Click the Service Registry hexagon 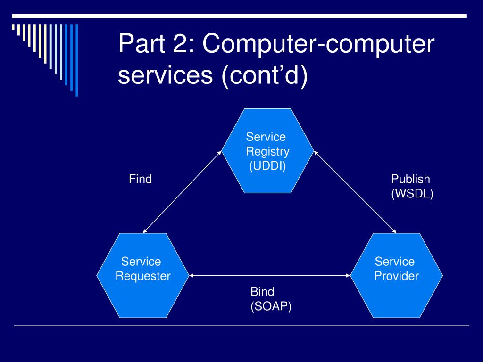click(268, 151)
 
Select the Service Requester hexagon click(143, 275)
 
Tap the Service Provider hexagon click(396, 275)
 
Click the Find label click(141, 179)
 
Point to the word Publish click(410, 179)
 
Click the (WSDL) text click(412, 194)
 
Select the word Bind click(262, 291)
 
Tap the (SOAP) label click(271, 306)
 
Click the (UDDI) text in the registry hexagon click(268, 166)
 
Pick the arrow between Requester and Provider click(270, 275)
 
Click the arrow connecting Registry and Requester click(183, 192)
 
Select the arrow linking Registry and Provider click(355, 192)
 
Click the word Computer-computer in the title click(318, 44)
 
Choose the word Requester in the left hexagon click(143, 276)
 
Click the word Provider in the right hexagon click(396, 276)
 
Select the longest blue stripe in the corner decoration click(77, 60)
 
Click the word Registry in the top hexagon click(268, 152)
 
